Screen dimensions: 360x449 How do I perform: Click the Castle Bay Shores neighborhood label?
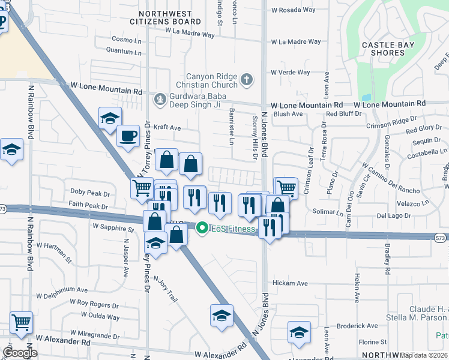click(x=384, y=49)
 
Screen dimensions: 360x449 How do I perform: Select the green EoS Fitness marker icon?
click(x=202, y=228)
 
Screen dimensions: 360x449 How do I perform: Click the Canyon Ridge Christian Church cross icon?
click(x=246, y=80)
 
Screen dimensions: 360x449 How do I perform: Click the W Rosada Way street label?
click(x=294, y=10)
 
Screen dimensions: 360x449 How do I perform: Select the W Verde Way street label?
click(x=291, y=73)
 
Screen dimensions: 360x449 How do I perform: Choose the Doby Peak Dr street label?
click(x=90, y=194)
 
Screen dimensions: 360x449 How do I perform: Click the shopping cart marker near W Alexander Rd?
click(x=21, y=323)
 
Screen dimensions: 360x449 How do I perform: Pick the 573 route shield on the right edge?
click(x=440, y=238)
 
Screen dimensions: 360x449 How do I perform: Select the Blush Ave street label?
click(x=288, y=114)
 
